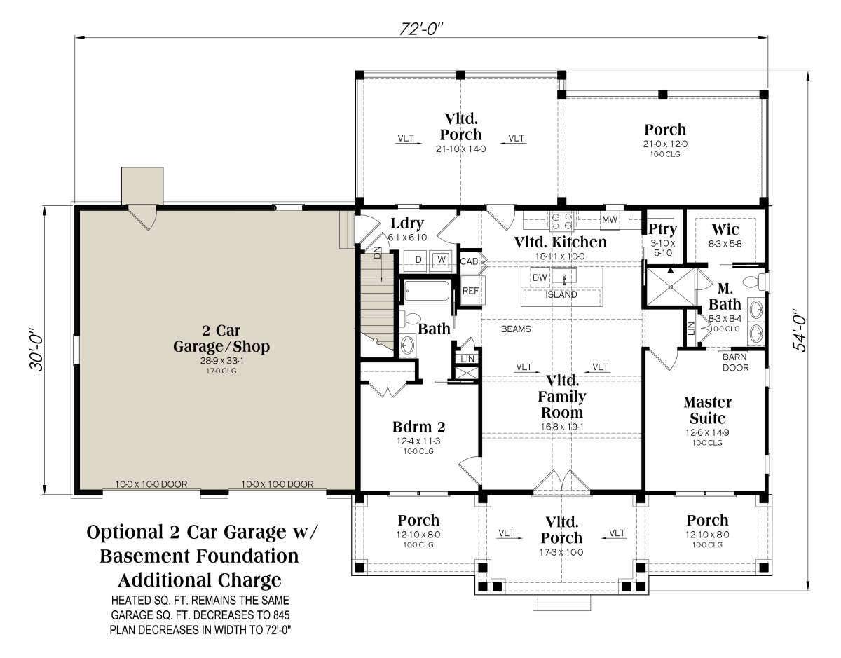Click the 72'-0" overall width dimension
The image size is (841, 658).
tap(421, 29)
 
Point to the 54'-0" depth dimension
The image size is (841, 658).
tap(800, 330)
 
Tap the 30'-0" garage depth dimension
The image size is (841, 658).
tap(38, 350)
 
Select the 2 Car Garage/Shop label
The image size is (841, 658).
tap(221, 338)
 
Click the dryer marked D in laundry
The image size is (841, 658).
tap(418, 259)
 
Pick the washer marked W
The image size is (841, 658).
tap(442, 259)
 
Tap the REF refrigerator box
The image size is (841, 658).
tap(471, 291)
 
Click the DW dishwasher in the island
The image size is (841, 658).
tap(540, 277)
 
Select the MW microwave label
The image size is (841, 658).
tap(610, 220)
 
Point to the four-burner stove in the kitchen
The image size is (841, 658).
tap(562, 221)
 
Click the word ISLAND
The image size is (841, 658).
tap(561, 294)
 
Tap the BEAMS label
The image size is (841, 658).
tap(516, 329)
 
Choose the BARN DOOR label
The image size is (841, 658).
tap(735, 362)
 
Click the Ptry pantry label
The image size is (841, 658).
tap(662, 229)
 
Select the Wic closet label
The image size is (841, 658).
tap(725, 229)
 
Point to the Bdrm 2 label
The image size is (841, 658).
tap(419, 427)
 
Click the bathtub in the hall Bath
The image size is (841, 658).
tap(427, 291)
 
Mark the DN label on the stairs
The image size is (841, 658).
tap(377, 252)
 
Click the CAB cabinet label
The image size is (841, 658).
tap(469, 261)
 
